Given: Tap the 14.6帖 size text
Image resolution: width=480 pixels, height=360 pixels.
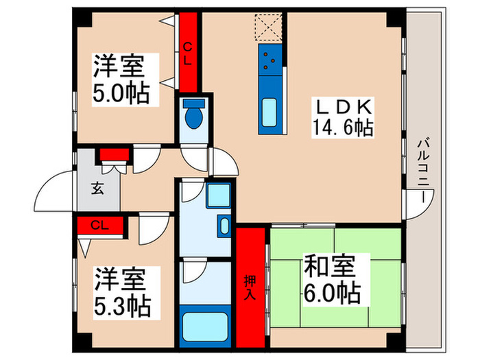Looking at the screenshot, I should (x=343, y=128).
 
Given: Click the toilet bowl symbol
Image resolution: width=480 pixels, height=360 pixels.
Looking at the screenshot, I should (x=194, y=116).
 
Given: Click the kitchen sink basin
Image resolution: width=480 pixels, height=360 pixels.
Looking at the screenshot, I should (x=268, y=110).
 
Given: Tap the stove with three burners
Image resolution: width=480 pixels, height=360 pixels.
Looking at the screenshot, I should (x=268, y=62).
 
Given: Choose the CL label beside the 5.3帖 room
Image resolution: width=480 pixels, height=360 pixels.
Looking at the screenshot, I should (x=100, y=225).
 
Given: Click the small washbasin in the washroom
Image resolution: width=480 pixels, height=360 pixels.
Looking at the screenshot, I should (x=224, y=225).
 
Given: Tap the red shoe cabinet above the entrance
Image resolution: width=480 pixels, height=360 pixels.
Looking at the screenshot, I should (x=115, y=154).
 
